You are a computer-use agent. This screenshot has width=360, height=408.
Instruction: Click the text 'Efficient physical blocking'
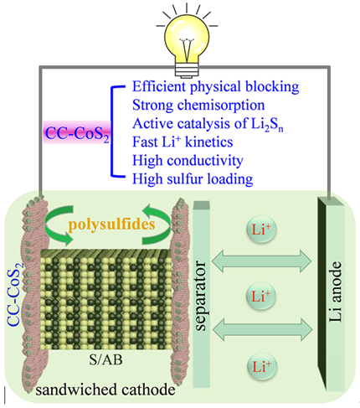[215, 86]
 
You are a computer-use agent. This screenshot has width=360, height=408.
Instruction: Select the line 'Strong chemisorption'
[198, 106]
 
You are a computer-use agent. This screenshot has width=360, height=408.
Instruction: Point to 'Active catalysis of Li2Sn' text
[208, 124]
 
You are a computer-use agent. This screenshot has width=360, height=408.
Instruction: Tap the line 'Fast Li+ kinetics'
[183, 142]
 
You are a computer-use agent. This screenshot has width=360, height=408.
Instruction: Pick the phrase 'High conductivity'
[188, 161]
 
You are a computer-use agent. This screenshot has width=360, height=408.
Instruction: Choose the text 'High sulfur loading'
[193, 179]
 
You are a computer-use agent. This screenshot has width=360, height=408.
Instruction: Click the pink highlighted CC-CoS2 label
[77, 133]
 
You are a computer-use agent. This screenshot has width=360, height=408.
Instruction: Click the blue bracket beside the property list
[113, 132]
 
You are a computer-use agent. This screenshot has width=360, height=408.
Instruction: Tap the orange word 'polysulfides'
[111, 225]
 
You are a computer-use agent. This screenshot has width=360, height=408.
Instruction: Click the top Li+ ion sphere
[261, 230]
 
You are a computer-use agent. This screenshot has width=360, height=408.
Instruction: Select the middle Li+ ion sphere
[261, 296]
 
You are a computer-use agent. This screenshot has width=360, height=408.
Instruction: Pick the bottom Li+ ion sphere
[262, 366]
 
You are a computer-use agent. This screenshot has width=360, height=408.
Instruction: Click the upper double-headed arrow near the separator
[261, 261]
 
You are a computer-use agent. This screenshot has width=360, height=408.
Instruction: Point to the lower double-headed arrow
[262, 329]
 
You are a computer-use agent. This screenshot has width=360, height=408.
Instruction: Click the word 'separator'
[201, 296]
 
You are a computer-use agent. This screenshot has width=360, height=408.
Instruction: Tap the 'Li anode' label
[335, 292]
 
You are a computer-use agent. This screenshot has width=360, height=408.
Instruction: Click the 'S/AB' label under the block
[105, 360]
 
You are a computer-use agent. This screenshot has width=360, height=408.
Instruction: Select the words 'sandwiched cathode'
[105, 390]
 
